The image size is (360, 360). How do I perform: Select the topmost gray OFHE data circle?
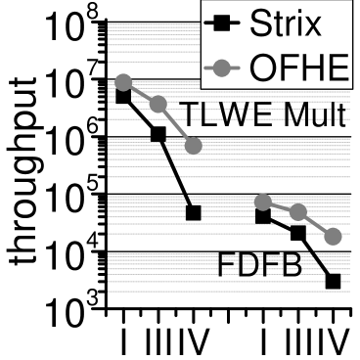point(123,82)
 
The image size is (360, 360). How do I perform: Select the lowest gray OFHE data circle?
point(333,236)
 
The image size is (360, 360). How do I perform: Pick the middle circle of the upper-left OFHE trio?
point(158,104)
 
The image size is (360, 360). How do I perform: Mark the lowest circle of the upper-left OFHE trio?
point(194,146)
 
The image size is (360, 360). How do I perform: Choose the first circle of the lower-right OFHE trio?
point(262,202)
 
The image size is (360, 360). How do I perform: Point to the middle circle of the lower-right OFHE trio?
point(298,212)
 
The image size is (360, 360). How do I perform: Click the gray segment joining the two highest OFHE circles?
point(141,93)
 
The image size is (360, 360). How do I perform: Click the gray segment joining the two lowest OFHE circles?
point(316,224)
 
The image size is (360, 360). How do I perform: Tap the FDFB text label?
point(259,265)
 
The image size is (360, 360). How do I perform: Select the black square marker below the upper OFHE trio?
point(194,209)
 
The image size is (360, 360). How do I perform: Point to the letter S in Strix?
point(257,22)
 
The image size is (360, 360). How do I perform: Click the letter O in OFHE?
point(265,67)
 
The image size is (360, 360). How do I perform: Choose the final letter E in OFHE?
point(337,67)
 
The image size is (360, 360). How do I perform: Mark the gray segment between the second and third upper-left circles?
point(176,125)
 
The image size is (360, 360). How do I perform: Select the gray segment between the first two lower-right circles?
point(280,206)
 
